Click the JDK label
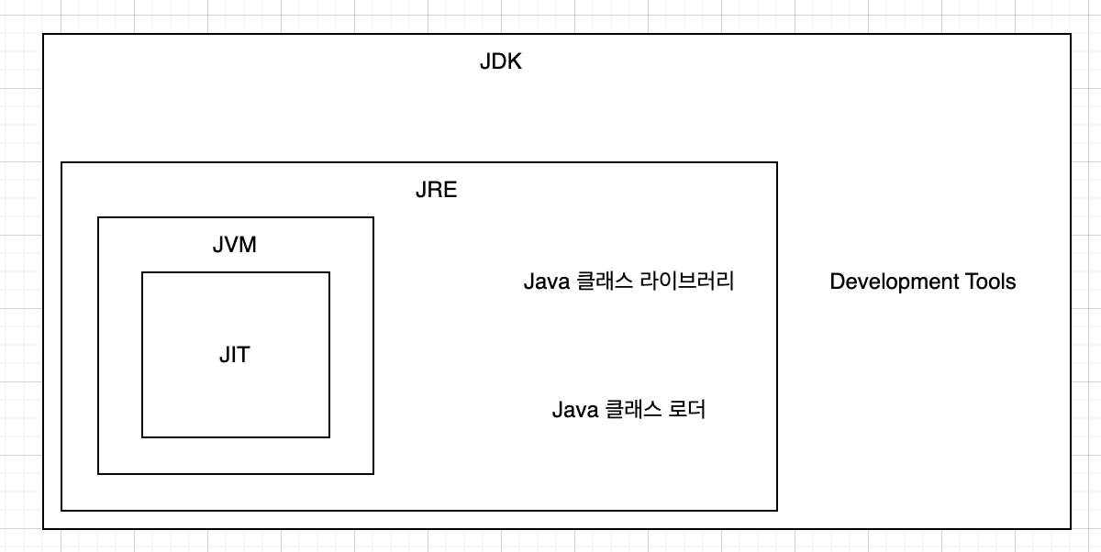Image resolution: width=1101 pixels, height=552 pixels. (500, 63)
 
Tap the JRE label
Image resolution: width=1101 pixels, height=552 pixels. (436, 192)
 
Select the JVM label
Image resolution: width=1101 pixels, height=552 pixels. (235, 247)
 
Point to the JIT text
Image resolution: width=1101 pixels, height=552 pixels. (235, 356)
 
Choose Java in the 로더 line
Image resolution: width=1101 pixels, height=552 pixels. (575, 410)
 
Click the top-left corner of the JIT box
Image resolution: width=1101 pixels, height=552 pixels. (142, 272)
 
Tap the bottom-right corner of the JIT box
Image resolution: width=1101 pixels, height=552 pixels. (329, 437)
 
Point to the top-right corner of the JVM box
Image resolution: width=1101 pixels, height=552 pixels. (373, 217)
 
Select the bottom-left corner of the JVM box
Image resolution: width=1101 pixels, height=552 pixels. (98, 474)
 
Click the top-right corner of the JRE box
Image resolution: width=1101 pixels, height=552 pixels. (777, 162)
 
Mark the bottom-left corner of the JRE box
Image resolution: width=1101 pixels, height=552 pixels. (61, 511)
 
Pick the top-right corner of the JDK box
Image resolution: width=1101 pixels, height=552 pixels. (1071, 34)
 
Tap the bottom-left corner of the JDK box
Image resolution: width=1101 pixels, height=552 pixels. (43, 529)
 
